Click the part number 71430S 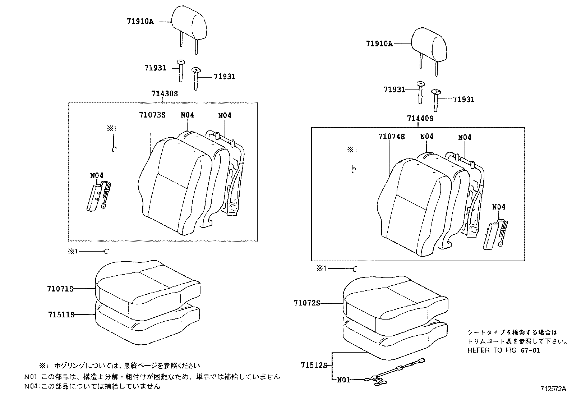165,94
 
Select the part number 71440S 420,118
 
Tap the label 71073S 152,115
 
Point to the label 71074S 391,137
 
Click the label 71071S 60,289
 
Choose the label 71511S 61,314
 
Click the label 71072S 306,303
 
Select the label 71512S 314,366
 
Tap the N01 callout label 343,380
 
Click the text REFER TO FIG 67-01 503,350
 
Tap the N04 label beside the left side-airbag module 97,175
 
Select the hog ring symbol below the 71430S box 106,252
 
